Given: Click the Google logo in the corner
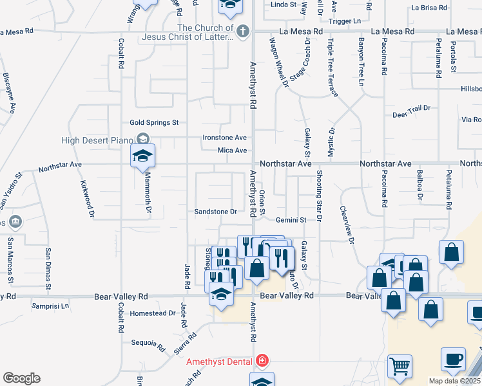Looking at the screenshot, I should [x=21, y=378].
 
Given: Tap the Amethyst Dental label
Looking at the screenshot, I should [x=219, y=362].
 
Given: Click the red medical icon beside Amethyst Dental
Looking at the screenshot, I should [x=262, y=360].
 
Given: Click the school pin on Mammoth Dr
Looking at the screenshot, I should [x=142, y=156].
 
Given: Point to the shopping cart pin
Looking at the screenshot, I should [x=400, y=367].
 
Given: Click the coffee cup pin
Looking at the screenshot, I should [x=453, y=359].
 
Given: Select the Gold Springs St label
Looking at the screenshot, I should [x=153, y=122].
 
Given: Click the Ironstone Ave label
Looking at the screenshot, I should [x=225, y=138].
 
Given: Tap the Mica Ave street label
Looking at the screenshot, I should [x=233, y=151].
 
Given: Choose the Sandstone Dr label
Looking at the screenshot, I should [x=216, y=211].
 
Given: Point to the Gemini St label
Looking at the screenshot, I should [x=290, y=220].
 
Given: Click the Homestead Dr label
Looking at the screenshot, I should [x=153, y=313].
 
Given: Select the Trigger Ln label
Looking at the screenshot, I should [x=345, y=21].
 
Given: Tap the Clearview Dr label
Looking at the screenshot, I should [x=347, y=225].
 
